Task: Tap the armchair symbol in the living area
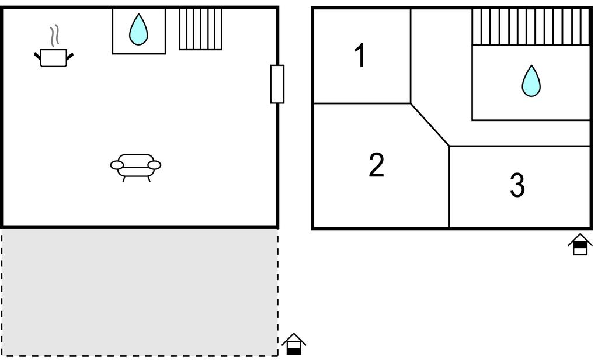point(135,167)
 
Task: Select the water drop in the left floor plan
point(138,30)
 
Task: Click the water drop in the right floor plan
point(531,81)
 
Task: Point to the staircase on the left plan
point(201,29)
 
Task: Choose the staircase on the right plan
point(531,27)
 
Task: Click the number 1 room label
point(360,56)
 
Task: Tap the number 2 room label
point(377,165)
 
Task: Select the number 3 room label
point(517,185)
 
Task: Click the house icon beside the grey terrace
point(294,344)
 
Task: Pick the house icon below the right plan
point(580,244)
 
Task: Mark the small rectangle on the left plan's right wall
point(277,84)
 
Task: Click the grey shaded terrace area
point(140,292)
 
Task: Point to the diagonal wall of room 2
point(430,124)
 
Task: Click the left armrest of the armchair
point(117,165)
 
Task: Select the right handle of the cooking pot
point(70,57)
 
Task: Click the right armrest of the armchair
point(154,165)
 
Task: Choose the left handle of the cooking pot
point(37,57)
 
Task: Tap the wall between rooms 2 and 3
point(449,186)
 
